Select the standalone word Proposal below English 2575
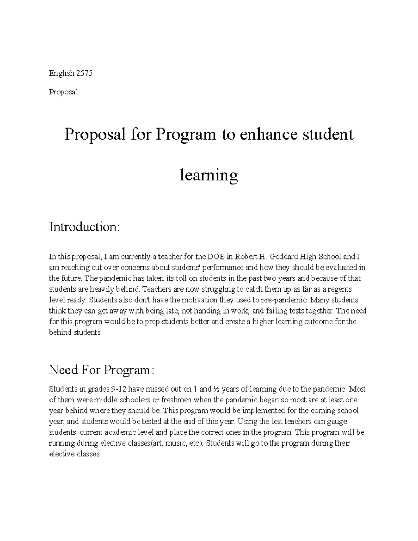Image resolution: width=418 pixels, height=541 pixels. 63,92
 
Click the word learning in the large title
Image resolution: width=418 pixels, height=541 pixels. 209,175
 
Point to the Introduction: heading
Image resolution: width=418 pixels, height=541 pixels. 84,227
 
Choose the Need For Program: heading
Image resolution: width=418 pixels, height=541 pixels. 101,370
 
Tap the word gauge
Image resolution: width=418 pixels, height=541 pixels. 338,422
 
